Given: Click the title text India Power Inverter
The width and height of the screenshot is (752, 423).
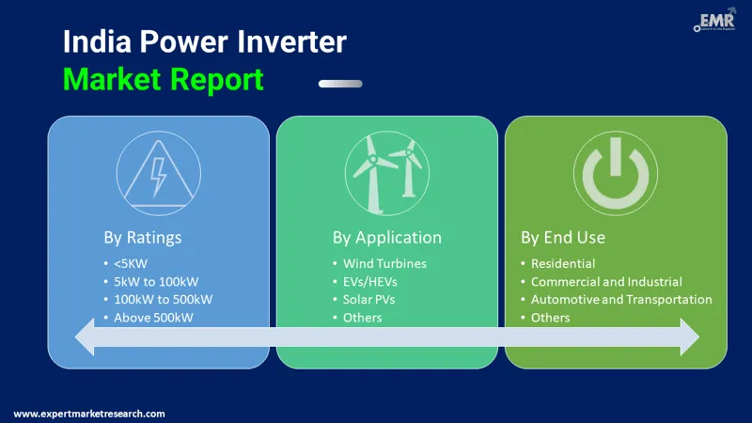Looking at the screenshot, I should pos(204,42).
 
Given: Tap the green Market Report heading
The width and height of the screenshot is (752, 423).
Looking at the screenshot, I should pos(163,80).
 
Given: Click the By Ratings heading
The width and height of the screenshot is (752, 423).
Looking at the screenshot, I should pos(143,237).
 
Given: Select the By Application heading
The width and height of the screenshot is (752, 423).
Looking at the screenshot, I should pos(386,237).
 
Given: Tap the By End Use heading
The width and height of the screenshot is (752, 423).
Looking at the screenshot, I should pos(563,237).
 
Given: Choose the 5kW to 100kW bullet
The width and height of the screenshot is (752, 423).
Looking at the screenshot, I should pos(157,281).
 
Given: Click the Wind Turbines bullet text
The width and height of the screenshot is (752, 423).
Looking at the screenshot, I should pos(384,263).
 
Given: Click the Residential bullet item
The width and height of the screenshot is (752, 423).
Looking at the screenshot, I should pos(562,263).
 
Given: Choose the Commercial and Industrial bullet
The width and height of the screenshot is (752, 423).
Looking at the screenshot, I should pos(605,281).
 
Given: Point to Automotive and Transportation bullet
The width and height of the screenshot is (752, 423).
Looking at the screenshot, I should pos(620,299).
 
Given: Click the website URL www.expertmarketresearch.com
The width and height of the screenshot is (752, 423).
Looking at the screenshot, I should pos(89,414).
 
